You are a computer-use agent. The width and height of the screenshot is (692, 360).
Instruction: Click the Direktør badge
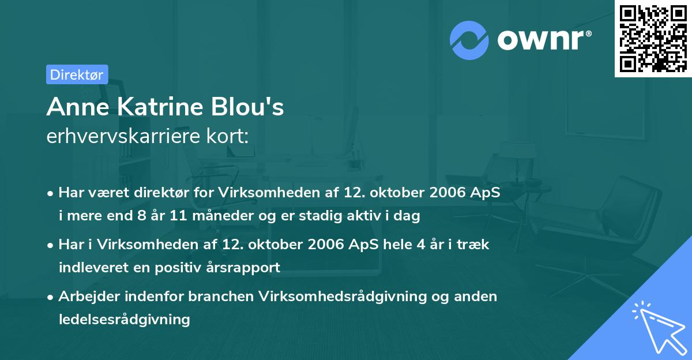tap(77, 74)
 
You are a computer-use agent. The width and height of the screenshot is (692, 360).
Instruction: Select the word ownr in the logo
tap(543, 40)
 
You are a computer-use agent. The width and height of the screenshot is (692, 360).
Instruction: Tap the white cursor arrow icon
tap(657, 326)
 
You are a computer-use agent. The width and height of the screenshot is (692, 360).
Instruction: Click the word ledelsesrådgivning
tap(124, 319)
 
